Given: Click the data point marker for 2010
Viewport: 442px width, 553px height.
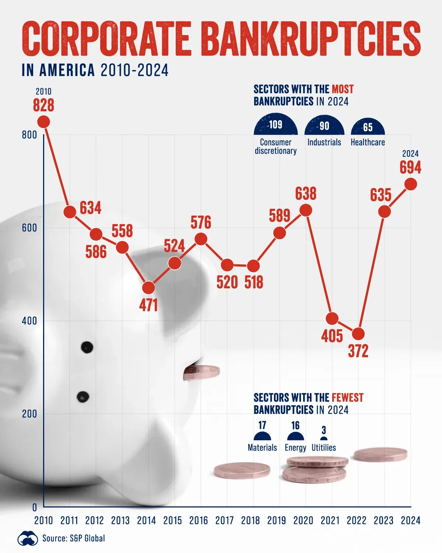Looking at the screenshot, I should (x=44, y=122).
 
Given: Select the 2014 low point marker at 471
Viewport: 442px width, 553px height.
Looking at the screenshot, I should (x=148, y=288).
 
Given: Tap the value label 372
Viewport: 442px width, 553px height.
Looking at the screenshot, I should (x=358, y=351).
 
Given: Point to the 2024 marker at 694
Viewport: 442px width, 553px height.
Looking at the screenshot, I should (x=411, y=184).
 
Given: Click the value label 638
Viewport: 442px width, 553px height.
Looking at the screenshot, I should (x=306, y=194).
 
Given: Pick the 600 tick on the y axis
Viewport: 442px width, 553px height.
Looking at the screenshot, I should (x=29, y=228).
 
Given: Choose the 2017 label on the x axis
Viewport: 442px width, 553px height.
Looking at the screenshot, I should (x=224, y=521).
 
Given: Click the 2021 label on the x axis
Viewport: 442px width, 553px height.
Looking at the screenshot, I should (x=330, y=521).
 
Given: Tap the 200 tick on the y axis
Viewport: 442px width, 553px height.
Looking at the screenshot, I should (x=29, y=414).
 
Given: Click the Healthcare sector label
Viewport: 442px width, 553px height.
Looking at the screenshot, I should (x=368, y=142).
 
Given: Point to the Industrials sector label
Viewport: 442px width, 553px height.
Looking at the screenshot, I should (x=324, y=142).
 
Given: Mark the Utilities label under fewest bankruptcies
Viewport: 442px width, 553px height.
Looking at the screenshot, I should (x=324, y=448).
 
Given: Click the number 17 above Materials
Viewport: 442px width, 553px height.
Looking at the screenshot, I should (x=262, y=425).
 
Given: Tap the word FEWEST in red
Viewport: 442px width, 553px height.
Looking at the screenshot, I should (x=347, y=398).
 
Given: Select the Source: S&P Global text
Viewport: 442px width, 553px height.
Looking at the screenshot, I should (x=74, y=538).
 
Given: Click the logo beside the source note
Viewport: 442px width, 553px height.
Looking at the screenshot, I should (x=28, y=539).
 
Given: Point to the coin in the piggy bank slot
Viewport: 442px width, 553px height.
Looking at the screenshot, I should (x=201, y=372).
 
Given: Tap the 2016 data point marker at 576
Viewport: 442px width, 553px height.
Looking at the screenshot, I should (x=201, y=239).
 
